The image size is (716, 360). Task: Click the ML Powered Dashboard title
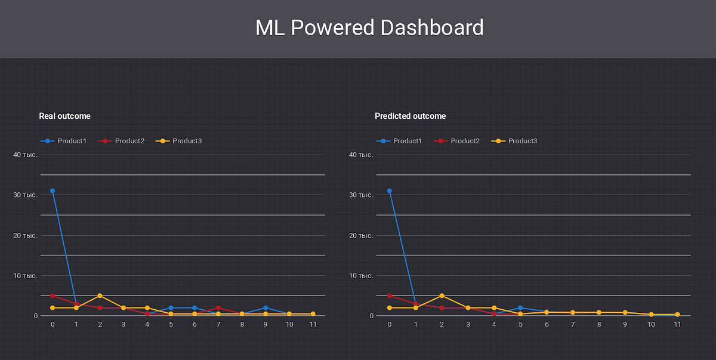coord(369,28)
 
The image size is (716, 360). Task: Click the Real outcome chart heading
coord(64,116)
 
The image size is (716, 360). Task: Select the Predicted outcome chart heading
coord(410,116)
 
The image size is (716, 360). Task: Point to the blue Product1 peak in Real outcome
coord(53,191)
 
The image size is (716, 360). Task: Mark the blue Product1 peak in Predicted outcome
coord(389,191)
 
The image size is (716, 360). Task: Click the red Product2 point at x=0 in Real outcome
coord(53,296)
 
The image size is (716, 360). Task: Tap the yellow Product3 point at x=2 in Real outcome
coord(100,296)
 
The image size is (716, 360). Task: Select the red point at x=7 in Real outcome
coord(218,307)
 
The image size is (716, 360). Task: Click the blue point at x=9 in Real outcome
coord(266,307)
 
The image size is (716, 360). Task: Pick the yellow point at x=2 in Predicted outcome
coord(442,296)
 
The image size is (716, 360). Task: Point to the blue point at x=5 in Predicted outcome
coord(520,307)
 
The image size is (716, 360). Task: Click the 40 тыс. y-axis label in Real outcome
coord(26,155)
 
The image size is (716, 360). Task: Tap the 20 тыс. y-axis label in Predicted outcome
coord(362,235)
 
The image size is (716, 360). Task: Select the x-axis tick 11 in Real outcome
coord(313,324)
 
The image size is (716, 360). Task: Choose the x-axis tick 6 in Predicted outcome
coord(547,324)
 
